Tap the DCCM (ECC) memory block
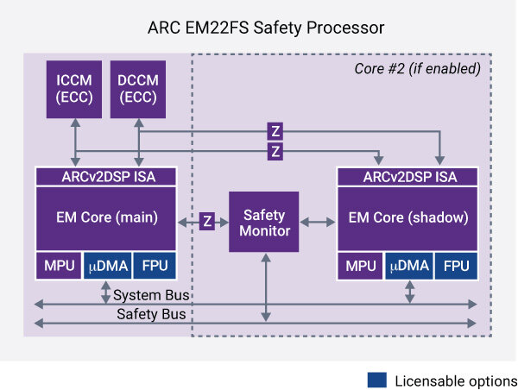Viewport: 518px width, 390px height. tap(138, 90)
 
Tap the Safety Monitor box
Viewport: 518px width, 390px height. tap(263, 222)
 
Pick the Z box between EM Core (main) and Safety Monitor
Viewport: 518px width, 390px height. tap(207, 221)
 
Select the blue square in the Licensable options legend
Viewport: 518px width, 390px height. tap(376, 380)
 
